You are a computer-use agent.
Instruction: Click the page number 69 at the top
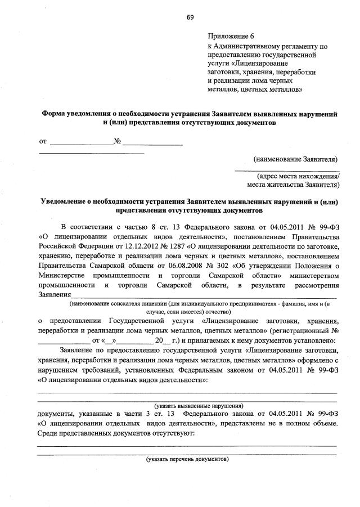pos(190,17)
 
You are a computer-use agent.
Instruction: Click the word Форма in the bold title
pos(53,113)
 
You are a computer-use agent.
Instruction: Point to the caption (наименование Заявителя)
pos(295,159)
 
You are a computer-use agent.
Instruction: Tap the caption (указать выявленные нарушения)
pos(199,405)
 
